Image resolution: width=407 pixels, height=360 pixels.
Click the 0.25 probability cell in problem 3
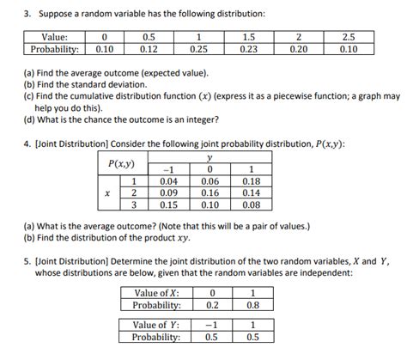tap(199, 49)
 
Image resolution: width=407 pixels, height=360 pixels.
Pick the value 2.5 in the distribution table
tap(347, 37)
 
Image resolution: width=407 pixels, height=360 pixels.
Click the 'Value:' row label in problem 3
tap(55, 37)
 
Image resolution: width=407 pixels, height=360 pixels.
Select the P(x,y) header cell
tap(122, 164)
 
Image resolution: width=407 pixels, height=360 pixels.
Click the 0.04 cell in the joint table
tap(170, 181)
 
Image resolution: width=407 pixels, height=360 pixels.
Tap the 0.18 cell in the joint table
tap(252, 181)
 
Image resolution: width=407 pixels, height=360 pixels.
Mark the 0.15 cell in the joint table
tap(170, 205)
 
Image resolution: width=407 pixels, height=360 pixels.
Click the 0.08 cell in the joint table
tap(252, 205)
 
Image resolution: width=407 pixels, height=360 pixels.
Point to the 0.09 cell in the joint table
tap(170, 193)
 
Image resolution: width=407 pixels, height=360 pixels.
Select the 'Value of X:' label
tap(156, 292)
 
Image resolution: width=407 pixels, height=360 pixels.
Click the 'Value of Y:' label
tap(156, 326)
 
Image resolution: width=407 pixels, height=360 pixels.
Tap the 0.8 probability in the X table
tap(252, 304)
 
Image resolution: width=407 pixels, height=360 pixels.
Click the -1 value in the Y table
tap(211, 326)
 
